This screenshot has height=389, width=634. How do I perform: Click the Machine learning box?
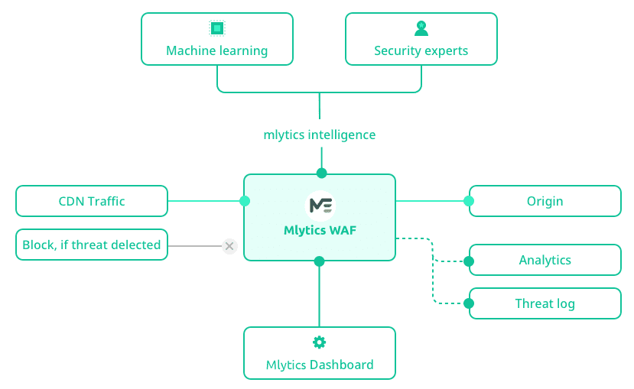point(217,39)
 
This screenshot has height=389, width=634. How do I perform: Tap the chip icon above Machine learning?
point(217,28)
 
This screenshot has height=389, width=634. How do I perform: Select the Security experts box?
point(421,39)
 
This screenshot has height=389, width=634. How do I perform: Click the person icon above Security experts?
point(421,28)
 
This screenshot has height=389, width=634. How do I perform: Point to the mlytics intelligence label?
point(320,135)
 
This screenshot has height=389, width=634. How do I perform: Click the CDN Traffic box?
point(92,201)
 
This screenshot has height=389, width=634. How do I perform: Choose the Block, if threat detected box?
point(92,245)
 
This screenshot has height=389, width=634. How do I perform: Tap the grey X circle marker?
point(229,246)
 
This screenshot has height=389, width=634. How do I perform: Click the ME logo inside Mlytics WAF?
point(320,206)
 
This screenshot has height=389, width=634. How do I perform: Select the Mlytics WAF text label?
point(320,230)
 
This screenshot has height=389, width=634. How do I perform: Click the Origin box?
point(545,201)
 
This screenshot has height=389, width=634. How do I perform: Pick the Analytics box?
point(545,260)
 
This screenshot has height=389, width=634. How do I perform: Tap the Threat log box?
point(545,303)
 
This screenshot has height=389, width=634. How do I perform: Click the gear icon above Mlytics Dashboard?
point(320,342)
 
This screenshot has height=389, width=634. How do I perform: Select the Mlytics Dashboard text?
point(320,365)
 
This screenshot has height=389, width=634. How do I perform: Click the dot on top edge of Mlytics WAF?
point(321,173)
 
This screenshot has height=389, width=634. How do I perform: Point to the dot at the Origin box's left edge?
point(469,201)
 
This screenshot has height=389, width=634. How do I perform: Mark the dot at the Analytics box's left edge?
point(469,261)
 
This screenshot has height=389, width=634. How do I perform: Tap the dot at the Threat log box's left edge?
point(469,303)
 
